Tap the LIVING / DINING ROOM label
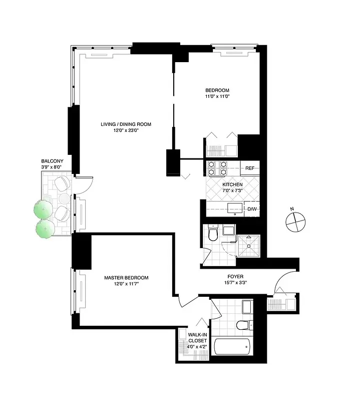click(126, 124)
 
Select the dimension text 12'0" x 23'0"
click(126, 130)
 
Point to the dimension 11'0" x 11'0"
click(217, 96)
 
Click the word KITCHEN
click(232, 184)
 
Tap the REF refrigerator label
click(249, 168)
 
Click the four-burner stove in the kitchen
click(217, 168)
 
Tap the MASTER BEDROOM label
click(126, 278)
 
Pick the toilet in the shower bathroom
click(213, 233)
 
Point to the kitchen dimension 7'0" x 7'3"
click(232, 190)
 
